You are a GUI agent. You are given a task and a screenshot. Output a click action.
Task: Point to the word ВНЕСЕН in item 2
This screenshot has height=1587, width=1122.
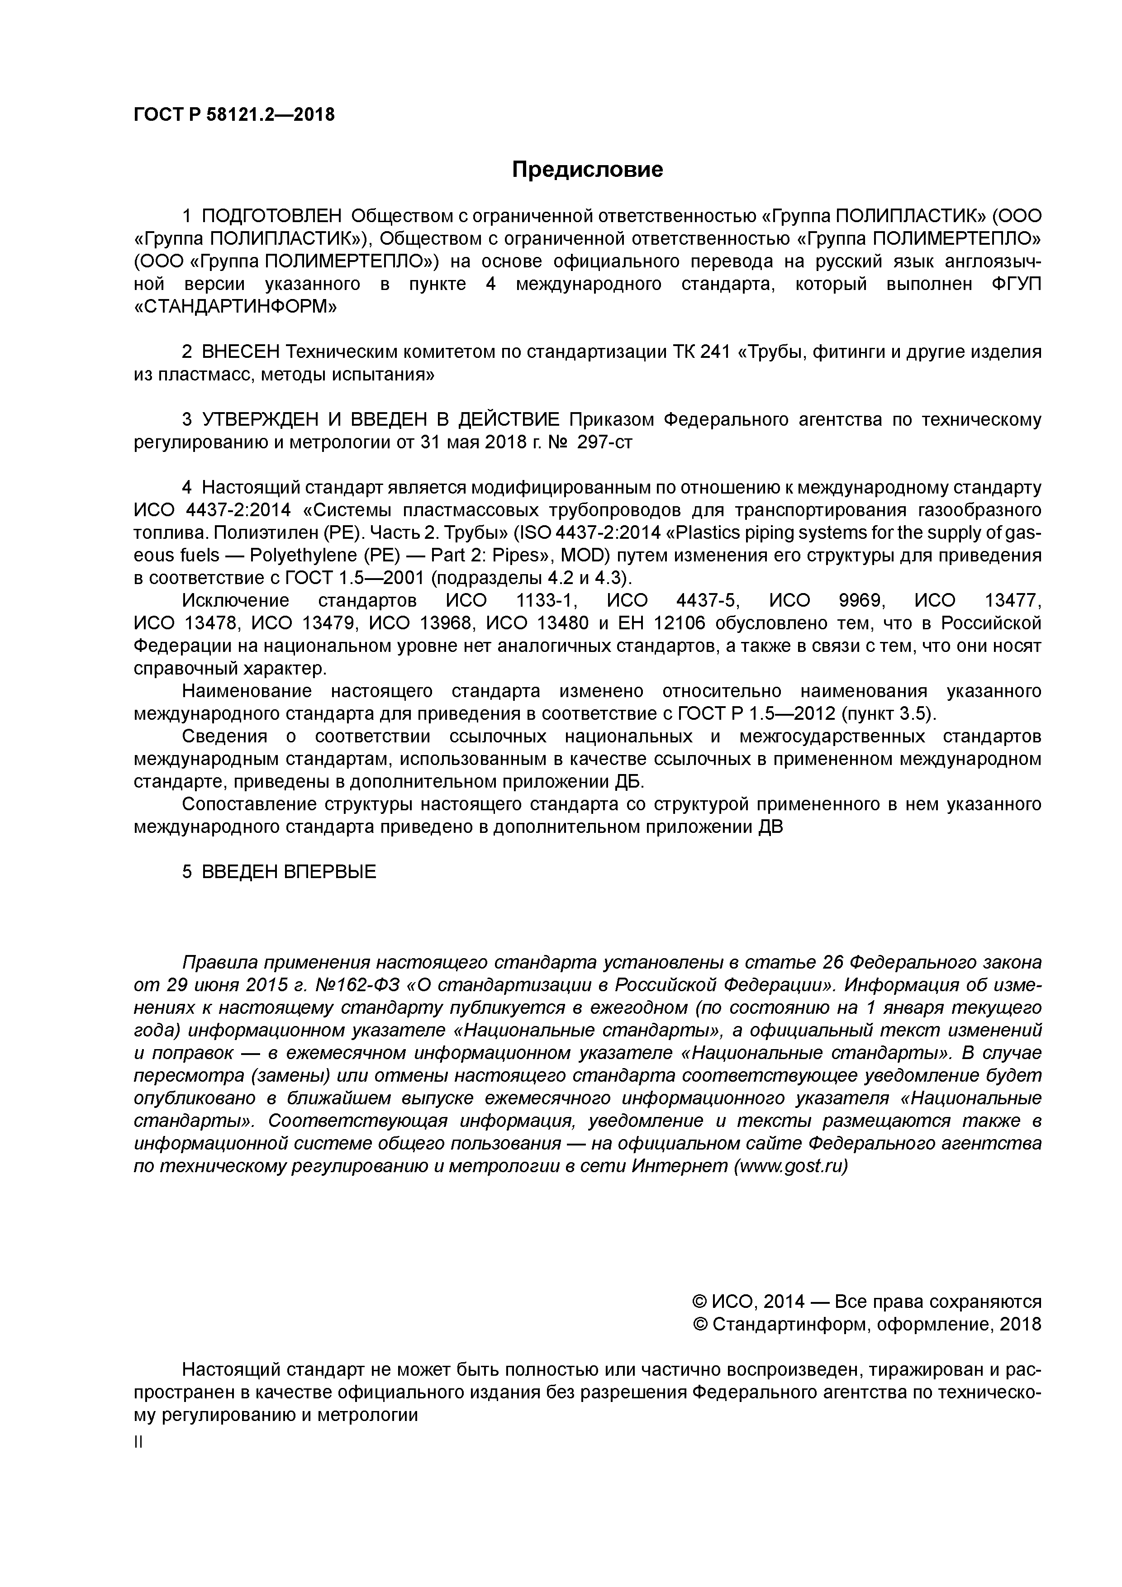[x=241, y=352]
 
